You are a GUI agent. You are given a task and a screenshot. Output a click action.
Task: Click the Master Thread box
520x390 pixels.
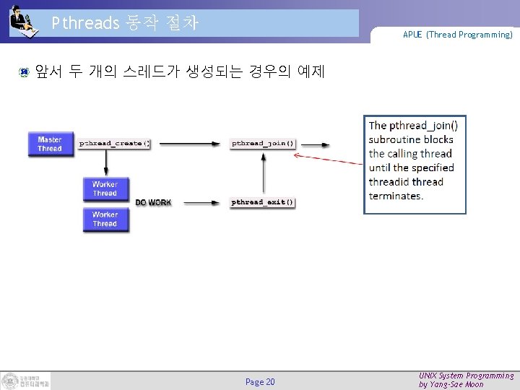coord(50,144)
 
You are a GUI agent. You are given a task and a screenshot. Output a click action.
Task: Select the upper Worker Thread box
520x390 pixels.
coord(105,188)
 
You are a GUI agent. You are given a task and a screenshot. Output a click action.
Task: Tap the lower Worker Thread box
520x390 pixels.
coord(105,220)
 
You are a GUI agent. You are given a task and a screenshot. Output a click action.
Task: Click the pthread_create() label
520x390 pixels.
coord(114,144)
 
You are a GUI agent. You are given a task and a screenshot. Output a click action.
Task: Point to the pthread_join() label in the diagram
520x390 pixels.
coord(263,144)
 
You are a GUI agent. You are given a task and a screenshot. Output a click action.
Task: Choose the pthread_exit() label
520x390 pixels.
coord(263,202)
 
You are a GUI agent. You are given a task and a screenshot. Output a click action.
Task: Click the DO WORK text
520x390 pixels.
coord(153,203)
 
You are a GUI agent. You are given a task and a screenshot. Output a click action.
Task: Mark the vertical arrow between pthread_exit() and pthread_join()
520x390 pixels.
coord(262,173)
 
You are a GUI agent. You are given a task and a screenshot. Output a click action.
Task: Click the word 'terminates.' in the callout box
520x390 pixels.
coord(396,196)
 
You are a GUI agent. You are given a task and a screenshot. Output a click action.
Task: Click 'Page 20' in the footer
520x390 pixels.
coord(260,381)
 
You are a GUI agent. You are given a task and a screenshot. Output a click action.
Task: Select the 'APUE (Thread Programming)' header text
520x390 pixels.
coord(458,35)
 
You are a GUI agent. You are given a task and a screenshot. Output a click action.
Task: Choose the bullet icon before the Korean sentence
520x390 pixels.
coord(24,72)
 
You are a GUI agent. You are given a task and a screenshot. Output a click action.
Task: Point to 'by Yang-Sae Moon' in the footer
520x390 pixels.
coord(451,385)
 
